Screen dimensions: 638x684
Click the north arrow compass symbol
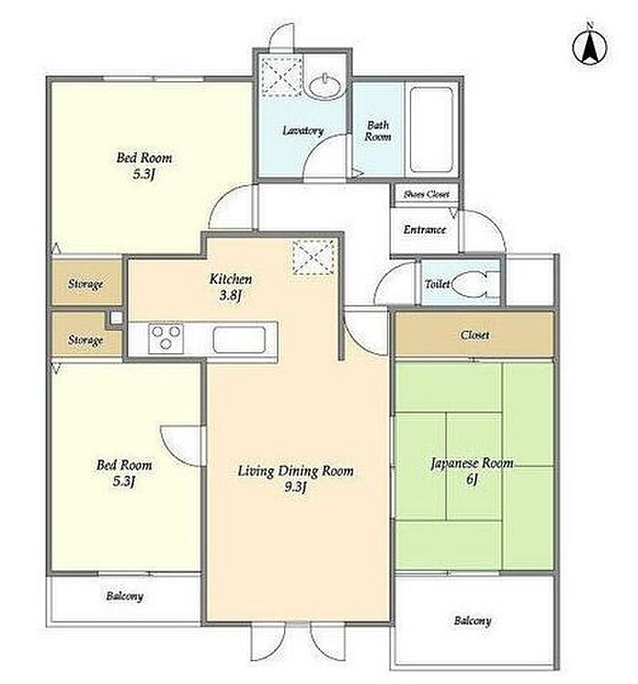590,45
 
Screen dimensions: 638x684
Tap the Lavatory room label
303,130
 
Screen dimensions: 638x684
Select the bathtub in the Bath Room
431,129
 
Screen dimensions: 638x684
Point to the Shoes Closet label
426,194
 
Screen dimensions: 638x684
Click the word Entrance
425,230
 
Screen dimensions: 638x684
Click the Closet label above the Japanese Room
474,335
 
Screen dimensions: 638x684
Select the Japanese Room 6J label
472,471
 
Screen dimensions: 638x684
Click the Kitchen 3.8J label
231,287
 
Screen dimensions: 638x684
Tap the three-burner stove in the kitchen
166,338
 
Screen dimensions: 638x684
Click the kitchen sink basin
239,339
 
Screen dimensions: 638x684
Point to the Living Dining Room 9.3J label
295,478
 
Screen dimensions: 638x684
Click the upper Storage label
86,284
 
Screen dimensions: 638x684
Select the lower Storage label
86,340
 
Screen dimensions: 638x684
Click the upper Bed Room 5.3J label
144,166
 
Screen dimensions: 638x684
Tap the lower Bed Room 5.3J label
124,473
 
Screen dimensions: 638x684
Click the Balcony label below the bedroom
124,596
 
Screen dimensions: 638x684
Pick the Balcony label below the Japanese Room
473,620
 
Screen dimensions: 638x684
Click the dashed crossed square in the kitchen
314,257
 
